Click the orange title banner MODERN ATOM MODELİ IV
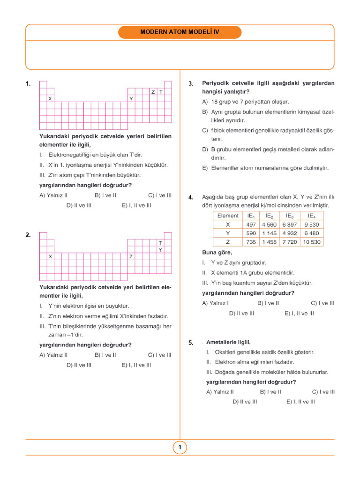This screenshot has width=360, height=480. [x=180, y=32]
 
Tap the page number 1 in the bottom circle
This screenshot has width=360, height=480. [x=180, y=448]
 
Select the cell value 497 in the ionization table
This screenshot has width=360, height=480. [x=251, y=225]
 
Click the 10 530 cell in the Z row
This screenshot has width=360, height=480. [x=312, y=242]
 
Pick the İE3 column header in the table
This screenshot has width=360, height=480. [x=290, y=216]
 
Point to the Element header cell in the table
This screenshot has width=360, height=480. [x=228, y=216]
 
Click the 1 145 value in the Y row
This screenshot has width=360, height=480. [x=270, y=233]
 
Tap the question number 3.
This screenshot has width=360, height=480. [x=191, y=83]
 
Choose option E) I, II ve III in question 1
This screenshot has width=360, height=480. [x=136, y=205]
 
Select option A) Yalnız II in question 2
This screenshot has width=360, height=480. [x=53, y=355]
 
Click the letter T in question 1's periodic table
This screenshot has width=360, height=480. [x=161, y=92]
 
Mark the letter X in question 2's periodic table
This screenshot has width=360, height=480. [x=50, y=257]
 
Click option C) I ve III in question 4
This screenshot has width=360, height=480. [x=322, y=303]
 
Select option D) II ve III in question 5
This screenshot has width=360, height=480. [x=245, y=402]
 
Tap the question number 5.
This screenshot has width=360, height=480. [x=191, y=343]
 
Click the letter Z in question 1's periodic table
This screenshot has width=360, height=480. [x=153, y=92]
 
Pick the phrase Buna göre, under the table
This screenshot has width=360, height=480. [x=217, y=253]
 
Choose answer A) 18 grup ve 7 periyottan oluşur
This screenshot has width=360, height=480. [x=246, y=102]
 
